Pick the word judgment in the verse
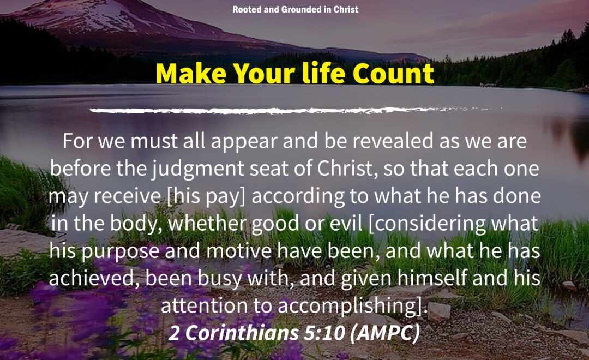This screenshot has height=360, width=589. (x=198, y=169)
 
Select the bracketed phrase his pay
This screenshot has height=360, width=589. (x=206, y=196)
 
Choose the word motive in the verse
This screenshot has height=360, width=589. (x=238, y=251)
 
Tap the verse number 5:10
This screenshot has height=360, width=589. (x=324, y=333)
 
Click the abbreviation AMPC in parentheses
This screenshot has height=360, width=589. (x=384, y=333)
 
